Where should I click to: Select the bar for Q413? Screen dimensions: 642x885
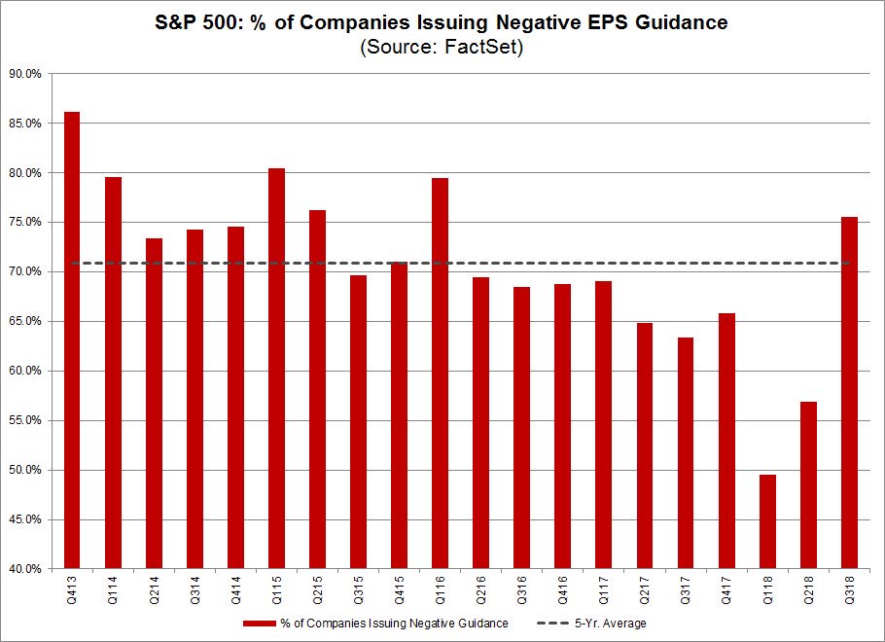[72, 340]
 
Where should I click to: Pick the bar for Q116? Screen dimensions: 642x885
[440, 374]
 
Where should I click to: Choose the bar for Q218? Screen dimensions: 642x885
[808, 485]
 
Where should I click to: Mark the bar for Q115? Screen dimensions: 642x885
[276, 369]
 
